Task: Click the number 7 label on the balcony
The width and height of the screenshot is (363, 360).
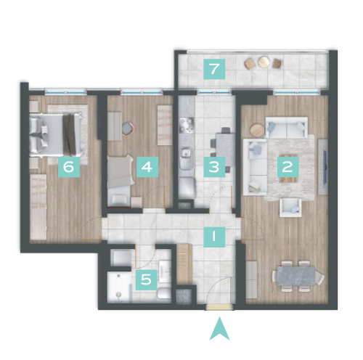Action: point(214,69)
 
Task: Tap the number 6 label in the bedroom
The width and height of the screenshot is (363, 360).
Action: point(69,167)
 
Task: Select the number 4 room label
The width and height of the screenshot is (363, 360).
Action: point(147,167)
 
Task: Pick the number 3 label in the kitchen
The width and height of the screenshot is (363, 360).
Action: point(214,167)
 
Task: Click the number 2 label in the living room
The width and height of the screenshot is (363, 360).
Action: point(288,167)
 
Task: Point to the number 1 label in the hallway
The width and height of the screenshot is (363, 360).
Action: point(214,237)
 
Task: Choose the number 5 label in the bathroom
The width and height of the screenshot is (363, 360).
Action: point(146,280)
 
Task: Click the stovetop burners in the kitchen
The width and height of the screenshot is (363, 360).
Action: point(187,126)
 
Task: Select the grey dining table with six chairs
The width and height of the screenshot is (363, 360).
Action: point(298,276)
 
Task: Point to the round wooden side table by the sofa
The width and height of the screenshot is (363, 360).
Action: point(257,130)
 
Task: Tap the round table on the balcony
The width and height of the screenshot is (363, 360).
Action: point(264,62)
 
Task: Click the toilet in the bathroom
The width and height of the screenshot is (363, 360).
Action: point(163,293)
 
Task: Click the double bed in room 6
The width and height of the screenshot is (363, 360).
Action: point(56,135)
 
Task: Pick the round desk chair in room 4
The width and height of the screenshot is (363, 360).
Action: point(129,128)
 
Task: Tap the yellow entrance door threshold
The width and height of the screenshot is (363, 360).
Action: point(219,307)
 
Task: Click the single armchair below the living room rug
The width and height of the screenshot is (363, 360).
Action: point(290,208)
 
